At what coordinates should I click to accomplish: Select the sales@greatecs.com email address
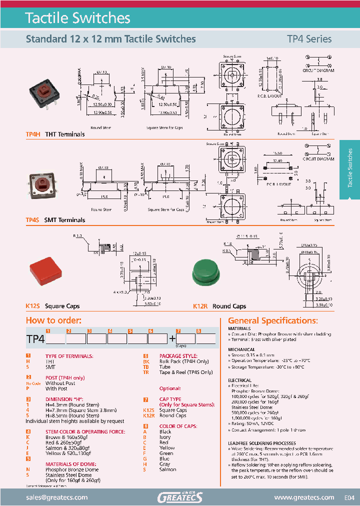(56, 497)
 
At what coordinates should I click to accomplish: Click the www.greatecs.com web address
(304, 497)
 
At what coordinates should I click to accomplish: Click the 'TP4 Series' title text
(308, 38)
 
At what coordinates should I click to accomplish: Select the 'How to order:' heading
(53, 320)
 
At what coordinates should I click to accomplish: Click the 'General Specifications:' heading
(272, 320)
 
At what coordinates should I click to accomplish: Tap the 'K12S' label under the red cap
(32, 306)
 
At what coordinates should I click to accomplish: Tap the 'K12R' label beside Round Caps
(200, 306)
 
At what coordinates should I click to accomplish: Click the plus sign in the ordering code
(172, 338)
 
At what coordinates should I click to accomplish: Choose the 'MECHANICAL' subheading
(241, 349)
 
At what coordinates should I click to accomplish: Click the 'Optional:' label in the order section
(170, 388)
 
